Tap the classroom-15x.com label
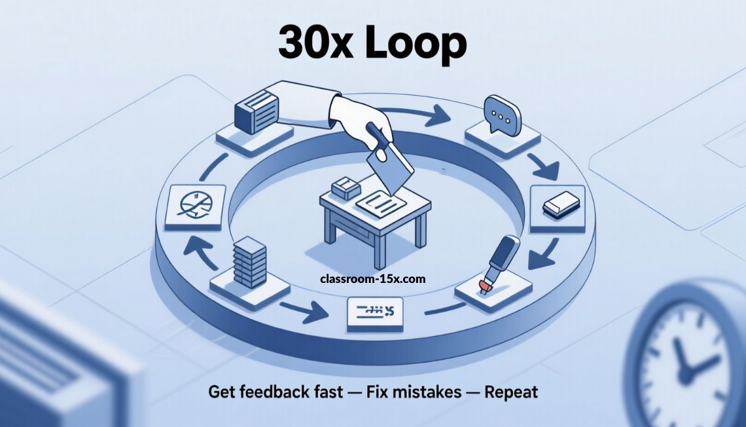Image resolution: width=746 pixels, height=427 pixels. tap(373, 279)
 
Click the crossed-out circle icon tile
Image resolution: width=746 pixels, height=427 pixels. tap(195, 205)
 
